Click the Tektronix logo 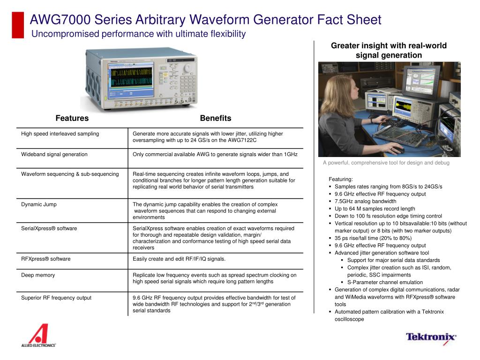pyautogui.click(x=431, y=337)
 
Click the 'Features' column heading pyautogui.click(x=72, y=118)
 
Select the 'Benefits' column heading pyautogui.click(x=215, y=118)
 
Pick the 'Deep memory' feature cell pyautogui.click(x=38, y=275)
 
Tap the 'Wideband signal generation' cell pyautogui.click(x=54, y=154)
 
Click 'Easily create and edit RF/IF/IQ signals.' pyautogui.click(x=179, y=259)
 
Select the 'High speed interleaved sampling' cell pyautogui.click(x=60, y=134)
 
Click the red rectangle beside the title pyautogui.click(x=18, y=25)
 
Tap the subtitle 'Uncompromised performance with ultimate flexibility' pyautogui.click(x=138, y=34)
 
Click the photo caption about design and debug pyautogui.click(x=386, y=163)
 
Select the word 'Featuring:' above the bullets pyautogui.click(x=341, y=179)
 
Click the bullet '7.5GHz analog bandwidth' pyautogui.click(x=365, y=201)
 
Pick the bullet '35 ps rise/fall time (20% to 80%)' pyautogui.click(x=373, y=238)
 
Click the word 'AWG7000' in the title pyautogui.click(x=60, y=20)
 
